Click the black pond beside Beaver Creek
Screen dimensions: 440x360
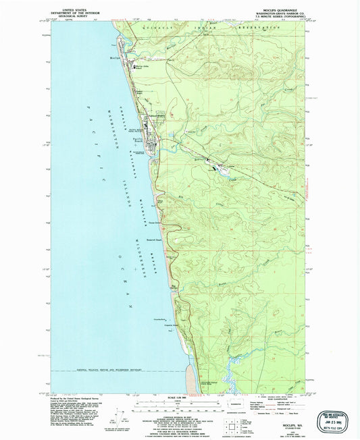(x=217, y=169)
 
